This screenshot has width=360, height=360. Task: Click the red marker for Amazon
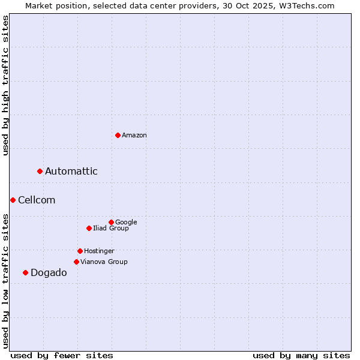(x=118, y=135)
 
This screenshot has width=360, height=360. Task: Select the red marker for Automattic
(x=40, y=171)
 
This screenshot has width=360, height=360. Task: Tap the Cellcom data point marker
(x=13, y=200)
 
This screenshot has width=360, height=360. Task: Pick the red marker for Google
(x=111, y=222)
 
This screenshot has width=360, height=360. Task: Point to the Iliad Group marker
(x=89, y=228)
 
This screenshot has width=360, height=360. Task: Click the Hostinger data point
(x=80, y=251)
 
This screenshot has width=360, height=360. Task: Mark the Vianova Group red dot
(x=76, y=262)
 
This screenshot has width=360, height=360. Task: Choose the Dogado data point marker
(x=25, y=272)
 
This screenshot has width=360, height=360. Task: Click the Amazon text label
(x=134, y=136)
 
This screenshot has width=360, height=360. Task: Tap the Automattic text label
(x=71, y=172)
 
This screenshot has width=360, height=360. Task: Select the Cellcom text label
(x=37, y=200)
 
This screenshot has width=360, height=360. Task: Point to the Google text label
(x=126, y=222)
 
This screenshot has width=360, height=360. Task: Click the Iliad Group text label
(x=111, y=228)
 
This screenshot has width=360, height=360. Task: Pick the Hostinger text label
(x=99, y=251)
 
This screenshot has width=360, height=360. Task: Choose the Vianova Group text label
(x=104, y=262)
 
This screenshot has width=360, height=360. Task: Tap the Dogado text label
(x=49, y=273)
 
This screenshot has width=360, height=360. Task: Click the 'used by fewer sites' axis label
(x=62, y=355)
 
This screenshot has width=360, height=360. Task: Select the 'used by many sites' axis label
(x=301, y=355)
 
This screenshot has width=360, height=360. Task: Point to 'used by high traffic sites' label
(x=5, y=85)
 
